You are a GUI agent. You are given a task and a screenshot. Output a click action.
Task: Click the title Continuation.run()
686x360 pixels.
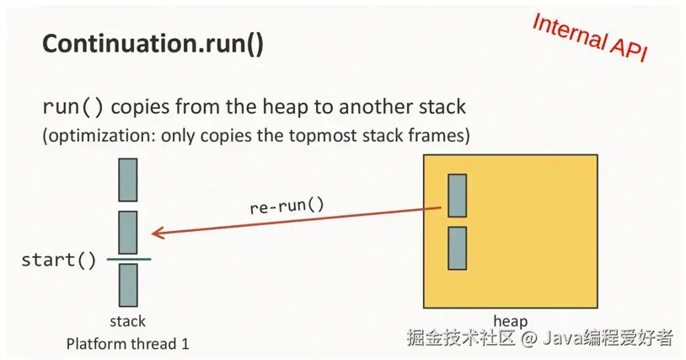[x=153, y=45]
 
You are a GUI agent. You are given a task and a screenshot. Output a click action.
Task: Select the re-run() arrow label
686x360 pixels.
[x=287, y=205]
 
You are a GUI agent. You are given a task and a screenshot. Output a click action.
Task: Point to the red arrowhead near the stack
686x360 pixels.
[x=157, y=233]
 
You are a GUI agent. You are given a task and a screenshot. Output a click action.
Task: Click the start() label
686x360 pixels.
[x=59, y=259]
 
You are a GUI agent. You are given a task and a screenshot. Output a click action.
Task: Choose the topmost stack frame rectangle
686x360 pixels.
[x=127, y=180]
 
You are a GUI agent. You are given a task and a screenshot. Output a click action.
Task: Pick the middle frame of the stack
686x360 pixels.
[x=127, y=232]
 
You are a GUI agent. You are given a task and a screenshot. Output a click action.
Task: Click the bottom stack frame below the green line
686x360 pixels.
[x=127, y=284]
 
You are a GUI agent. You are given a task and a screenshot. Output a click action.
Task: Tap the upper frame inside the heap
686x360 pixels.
[x=457, y=195]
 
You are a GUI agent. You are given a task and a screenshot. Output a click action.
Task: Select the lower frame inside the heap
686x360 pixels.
[x=457, y=248]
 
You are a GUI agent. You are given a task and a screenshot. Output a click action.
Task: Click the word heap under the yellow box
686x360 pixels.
[x=510, y=321]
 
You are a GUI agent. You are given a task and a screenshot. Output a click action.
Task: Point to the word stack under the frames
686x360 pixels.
[x=127, y=321]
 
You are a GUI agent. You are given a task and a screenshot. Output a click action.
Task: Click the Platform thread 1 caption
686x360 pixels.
[x=128, y=343]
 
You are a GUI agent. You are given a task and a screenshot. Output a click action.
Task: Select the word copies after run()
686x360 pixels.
[x=141, y=108]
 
